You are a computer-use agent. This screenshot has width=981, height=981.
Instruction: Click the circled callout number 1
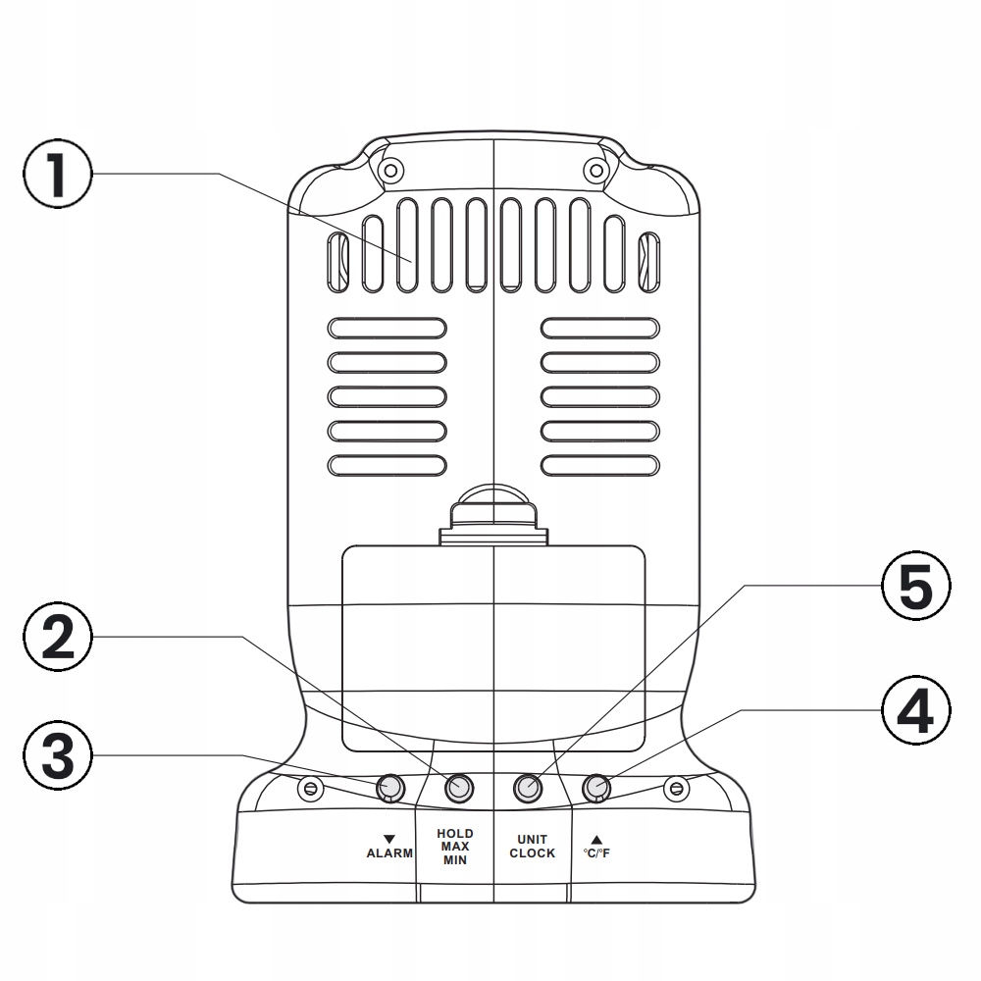click(x=57, y=175)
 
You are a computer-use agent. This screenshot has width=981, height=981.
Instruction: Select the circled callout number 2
click(x=57, y=638)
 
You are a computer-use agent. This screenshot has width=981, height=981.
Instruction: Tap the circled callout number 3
click(x=57, y=755)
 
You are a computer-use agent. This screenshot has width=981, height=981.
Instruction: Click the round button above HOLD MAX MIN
click(x=458, y=787)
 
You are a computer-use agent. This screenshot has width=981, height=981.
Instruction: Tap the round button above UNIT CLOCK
click(x=529, y=787)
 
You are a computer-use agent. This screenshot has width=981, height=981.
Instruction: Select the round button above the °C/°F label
click(x=596, y=787)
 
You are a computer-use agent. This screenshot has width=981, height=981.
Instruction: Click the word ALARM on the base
click(x=389, y=853)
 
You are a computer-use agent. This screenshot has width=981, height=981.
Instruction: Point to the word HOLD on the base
click(x=454, y=833)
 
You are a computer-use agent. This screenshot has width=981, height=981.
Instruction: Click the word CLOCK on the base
click(x=532, y=853)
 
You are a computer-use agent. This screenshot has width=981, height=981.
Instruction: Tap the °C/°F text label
click(x=596, y=853)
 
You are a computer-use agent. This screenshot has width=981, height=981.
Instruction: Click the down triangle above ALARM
click(x=389, y=839)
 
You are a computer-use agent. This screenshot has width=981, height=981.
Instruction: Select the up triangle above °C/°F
click(x=596, y=839)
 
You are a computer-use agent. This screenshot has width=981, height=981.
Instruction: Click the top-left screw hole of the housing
click(x=390, y=171)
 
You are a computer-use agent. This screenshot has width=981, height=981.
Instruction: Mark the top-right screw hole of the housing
click(x=594, y=171)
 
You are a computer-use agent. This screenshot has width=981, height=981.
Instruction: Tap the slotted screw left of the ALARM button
click(x=311, y=788)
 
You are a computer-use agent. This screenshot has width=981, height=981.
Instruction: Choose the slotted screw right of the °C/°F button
click(x=675, y=788)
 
